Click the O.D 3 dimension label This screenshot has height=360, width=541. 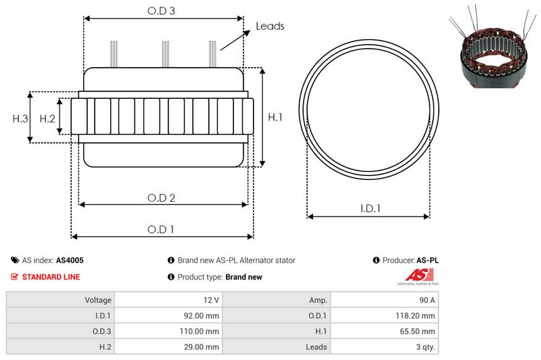[161, 11]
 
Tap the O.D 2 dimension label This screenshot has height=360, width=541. [161, 198]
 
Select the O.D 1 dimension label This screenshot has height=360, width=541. [161, 229]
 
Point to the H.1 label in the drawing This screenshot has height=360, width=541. [275, 117]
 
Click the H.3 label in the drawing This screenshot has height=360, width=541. [20, 118]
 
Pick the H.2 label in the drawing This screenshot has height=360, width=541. [47, 118]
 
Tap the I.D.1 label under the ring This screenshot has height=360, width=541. [370, 208]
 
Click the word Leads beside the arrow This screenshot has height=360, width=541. [270, 26]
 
